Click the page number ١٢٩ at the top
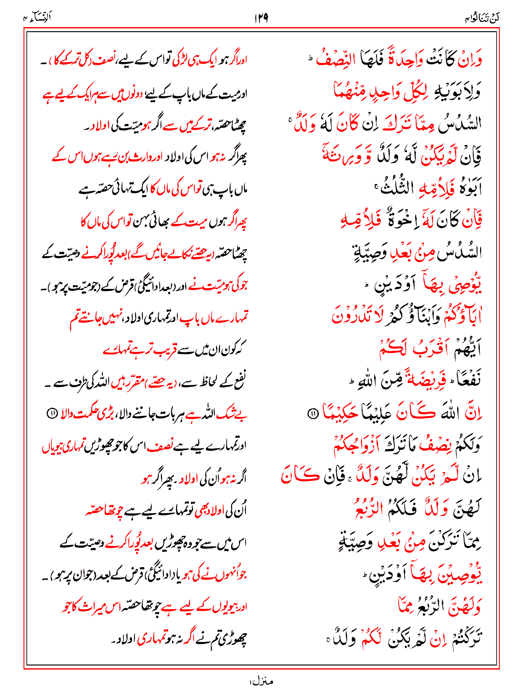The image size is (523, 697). coord(261,18)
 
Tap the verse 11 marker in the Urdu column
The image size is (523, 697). coord(51,414)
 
